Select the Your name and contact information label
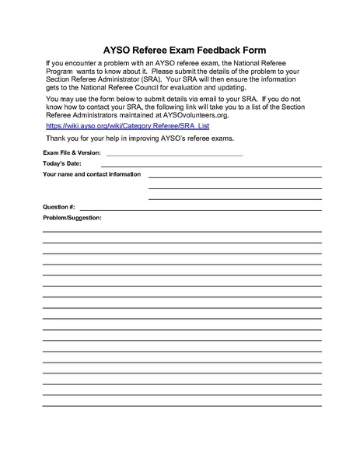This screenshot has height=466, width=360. click(92, 174)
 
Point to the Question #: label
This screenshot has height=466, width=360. click(59, 208)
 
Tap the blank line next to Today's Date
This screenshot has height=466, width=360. click(210, 166)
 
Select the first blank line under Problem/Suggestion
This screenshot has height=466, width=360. click(182, 231)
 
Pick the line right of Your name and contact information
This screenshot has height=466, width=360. click(234, 177)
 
